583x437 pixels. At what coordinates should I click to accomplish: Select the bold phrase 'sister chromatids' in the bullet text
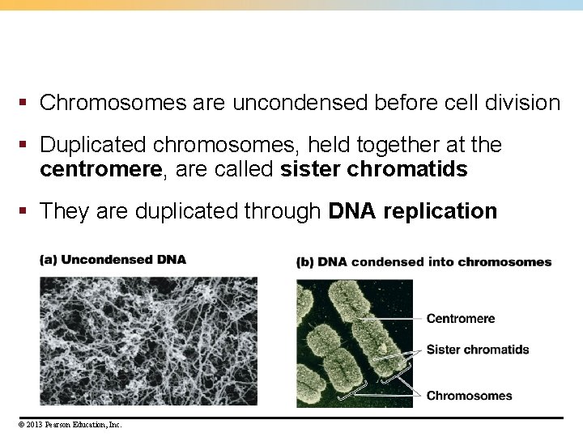373,169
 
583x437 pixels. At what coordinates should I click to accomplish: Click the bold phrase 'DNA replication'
413,212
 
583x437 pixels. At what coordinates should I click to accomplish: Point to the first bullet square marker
25,104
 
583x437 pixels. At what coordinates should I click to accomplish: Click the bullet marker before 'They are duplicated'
25,212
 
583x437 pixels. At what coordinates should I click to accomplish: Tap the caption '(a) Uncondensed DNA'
113,260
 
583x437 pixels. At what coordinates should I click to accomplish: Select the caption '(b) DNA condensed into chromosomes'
423,262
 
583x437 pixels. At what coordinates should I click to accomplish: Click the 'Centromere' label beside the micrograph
460,319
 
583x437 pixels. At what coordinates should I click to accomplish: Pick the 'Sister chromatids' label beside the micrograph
477,350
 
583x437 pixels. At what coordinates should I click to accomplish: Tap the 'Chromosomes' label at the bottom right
469,396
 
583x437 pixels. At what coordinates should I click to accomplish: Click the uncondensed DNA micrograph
148,341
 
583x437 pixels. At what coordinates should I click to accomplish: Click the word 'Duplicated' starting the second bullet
93,146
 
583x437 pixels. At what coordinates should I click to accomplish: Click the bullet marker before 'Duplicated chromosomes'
25,146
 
